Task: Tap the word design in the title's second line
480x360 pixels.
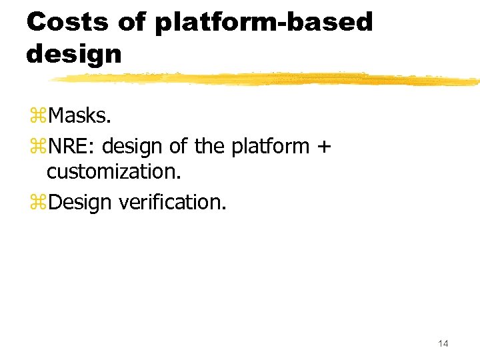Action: click(x=74, y=53)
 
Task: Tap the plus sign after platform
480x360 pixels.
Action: click(x=323, y=146)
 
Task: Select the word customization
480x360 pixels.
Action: click(x=113, y=171)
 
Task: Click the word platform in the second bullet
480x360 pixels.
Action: click(x=270, y=146)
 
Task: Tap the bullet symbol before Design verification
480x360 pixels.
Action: click(x=37, y=202)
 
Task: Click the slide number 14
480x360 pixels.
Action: click(x=443, y=343)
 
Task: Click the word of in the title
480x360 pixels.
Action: click(x=131, y=22)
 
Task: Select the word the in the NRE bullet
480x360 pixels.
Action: click(x=210, y=145)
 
